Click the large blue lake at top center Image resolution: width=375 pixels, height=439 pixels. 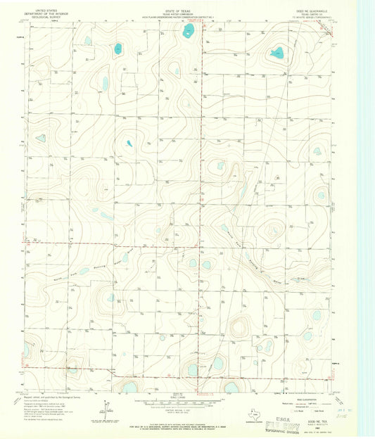point(189,31)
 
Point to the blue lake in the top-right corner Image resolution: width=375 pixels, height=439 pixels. point(277,52)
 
